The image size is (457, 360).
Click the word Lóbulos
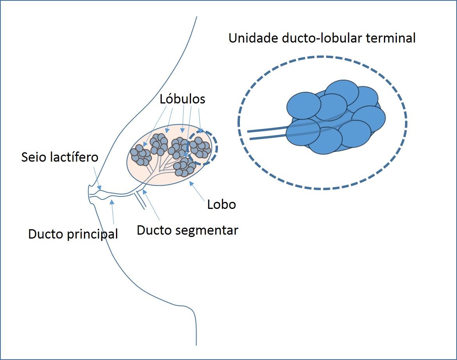182,99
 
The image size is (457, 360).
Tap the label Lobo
221,204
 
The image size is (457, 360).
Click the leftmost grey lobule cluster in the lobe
141,155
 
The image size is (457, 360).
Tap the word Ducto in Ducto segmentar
153,230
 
